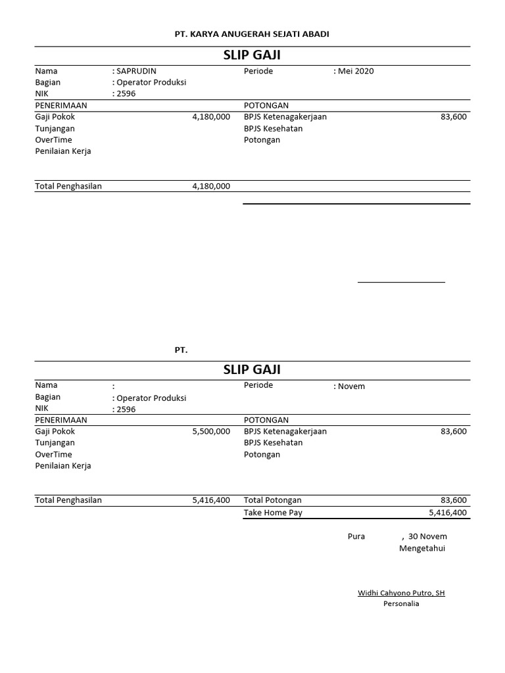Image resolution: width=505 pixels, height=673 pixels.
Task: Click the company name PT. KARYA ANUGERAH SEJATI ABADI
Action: [x=252, y=34]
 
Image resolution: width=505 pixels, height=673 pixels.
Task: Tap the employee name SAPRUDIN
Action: [x=136, y=71]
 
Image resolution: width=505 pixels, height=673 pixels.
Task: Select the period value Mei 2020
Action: [x=356, y=71]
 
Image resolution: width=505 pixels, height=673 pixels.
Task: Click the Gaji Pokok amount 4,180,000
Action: [x=211, y=116]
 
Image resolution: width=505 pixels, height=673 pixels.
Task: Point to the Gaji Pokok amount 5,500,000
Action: [x=211, y=431]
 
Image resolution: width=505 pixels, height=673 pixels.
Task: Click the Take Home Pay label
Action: [x=273, y=513]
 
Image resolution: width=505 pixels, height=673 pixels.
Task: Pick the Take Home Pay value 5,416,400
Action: [x=448, y=513]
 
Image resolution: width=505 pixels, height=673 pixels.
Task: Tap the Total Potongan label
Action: [x=273, y=501]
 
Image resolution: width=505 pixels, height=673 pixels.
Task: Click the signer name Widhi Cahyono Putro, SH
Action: [x=401, y=593]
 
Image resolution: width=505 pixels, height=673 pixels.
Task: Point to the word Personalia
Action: [x=401, y=604]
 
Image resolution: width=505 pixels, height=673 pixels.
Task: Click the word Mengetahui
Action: [x=422, y=548]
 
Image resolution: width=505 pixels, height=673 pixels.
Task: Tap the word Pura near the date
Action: [x=356, y=536]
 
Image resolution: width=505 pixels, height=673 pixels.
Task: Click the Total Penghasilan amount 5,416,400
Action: [x=211, y=501]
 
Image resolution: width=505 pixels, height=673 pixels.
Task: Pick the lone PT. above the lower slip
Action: [x=181, y=350]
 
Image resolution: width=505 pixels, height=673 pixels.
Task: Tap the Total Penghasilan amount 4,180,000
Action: [x=211, y=186]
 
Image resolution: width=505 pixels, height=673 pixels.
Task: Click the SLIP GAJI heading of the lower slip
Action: [x=252, y=370]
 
